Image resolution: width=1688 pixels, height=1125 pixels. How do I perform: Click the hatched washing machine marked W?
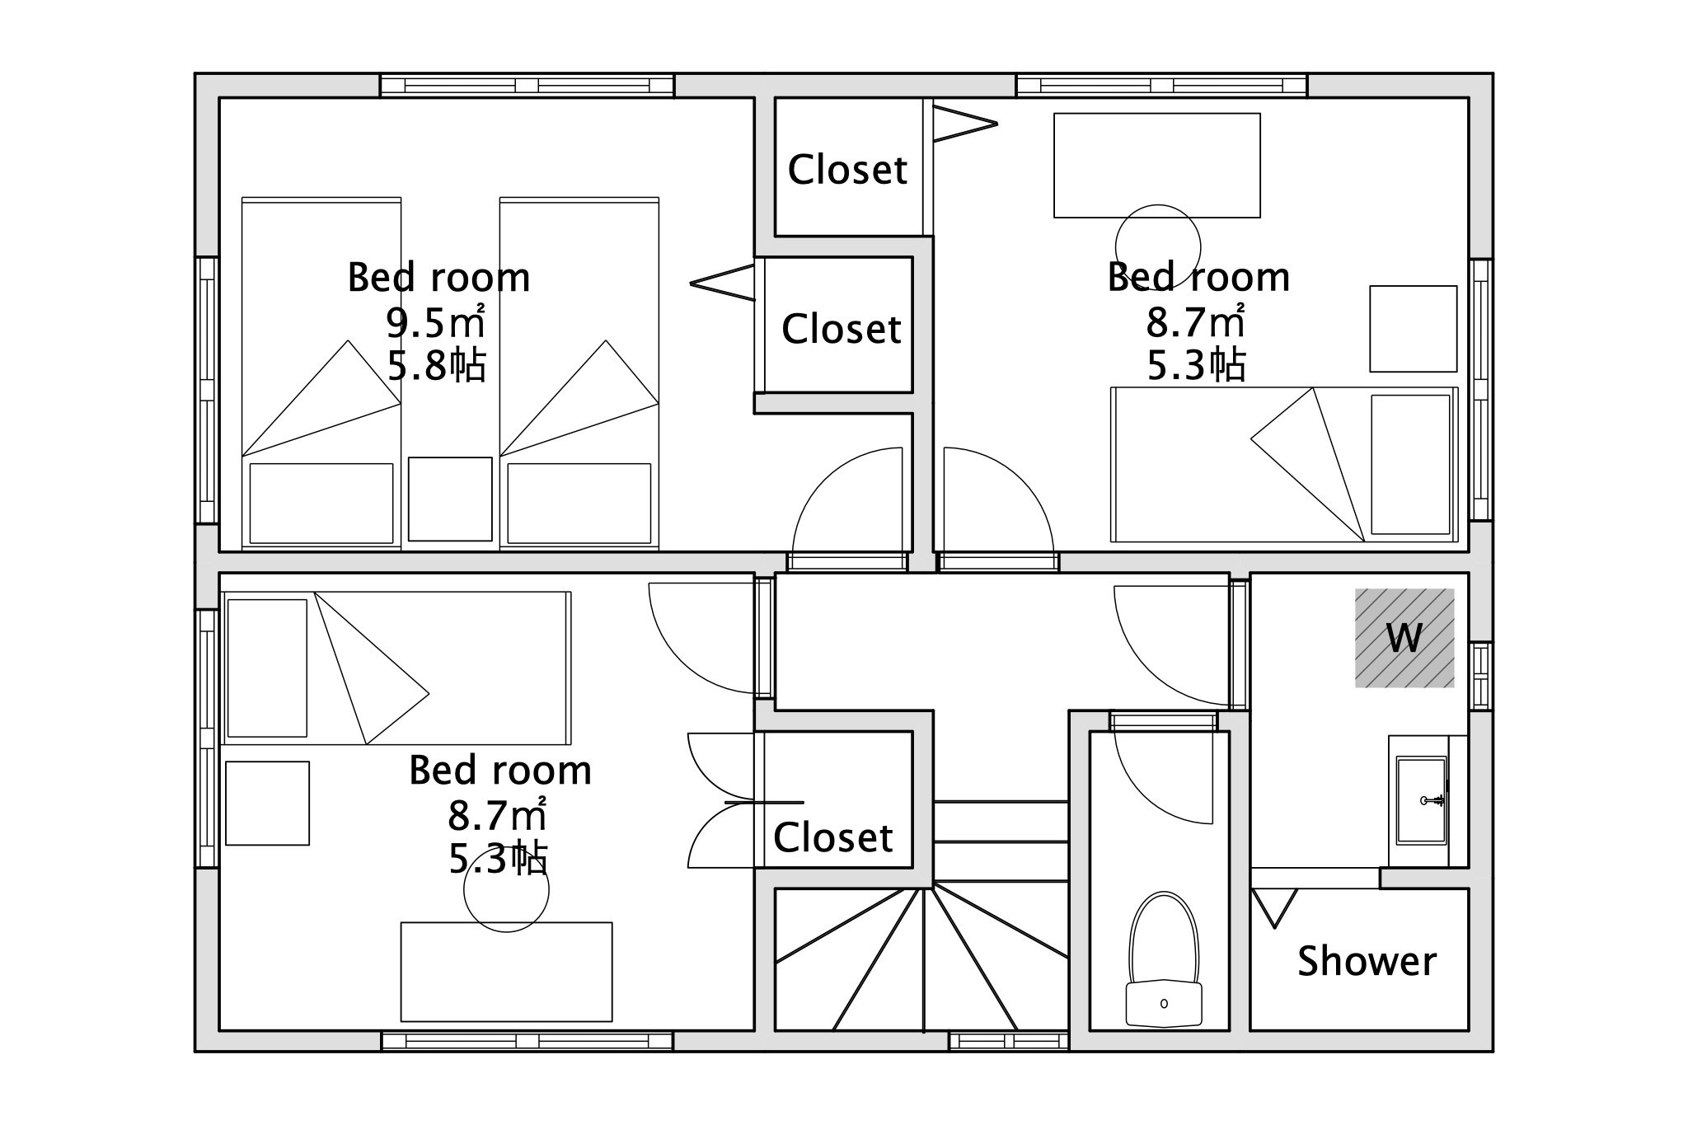click(x=1404, y=638)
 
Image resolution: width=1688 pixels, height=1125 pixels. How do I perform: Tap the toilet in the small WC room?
click(x=1164, y=960)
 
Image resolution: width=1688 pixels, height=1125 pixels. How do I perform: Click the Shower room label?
click(x=1367, y=961)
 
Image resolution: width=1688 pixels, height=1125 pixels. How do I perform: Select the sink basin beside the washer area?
click(x=1422, y=799)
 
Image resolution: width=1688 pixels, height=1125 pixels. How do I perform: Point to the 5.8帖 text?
click(x=436, y=365)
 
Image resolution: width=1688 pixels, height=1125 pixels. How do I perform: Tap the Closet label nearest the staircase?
click(x=833, y=837)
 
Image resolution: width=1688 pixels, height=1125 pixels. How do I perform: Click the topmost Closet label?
click(x=847, y=170)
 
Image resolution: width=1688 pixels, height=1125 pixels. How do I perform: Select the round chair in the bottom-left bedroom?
click(x=506, y=890)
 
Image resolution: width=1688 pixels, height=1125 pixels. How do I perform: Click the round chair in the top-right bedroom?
click(x=1158, y=247)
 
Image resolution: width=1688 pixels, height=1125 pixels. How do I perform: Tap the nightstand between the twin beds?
click(x=450, y=499)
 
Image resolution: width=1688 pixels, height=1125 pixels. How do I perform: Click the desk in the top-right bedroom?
click(x=1157, y=166)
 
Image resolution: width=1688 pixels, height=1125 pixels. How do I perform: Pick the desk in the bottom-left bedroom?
click(x=506, y=972)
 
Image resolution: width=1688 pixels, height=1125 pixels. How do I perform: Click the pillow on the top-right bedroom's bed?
click(x=1410, y=465)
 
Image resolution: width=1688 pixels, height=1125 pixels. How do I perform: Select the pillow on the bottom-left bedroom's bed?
click(x=267, y=668)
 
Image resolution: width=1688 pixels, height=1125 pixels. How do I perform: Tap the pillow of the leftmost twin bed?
click(x=321, y=504)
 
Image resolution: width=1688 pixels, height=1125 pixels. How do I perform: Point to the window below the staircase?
click(x=1009, y=1042)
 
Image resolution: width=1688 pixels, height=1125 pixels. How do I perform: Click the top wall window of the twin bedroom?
click(x=527, y=86)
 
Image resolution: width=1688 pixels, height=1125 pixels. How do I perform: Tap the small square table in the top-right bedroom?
click(x=1414, y=329)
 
